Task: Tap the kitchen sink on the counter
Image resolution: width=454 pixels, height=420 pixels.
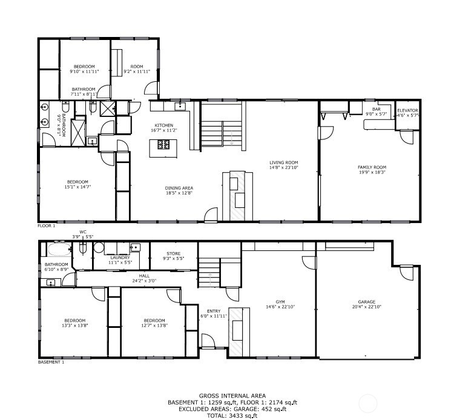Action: [179, 105]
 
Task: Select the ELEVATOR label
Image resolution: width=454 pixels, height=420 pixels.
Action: [407, 110]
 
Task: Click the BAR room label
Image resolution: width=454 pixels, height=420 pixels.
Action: [375, 110]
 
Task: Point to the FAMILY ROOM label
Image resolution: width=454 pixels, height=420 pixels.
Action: [372, 167]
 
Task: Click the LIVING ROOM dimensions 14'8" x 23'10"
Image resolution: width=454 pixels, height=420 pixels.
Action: [284, 167]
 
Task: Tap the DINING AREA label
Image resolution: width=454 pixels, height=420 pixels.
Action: [179, 188]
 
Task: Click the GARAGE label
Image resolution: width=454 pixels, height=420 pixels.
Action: [366, 302]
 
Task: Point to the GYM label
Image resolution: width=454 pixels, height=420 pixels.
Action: [280, 302]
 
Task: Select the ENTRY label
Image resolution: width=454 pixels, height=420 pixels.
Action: [213, 311]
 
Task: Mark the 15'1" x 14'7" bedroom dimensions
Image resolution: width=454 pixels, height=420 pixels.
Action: [77, 187]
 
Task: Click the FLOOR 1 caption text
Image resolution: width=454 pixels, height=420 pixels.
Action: [46, 225]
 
